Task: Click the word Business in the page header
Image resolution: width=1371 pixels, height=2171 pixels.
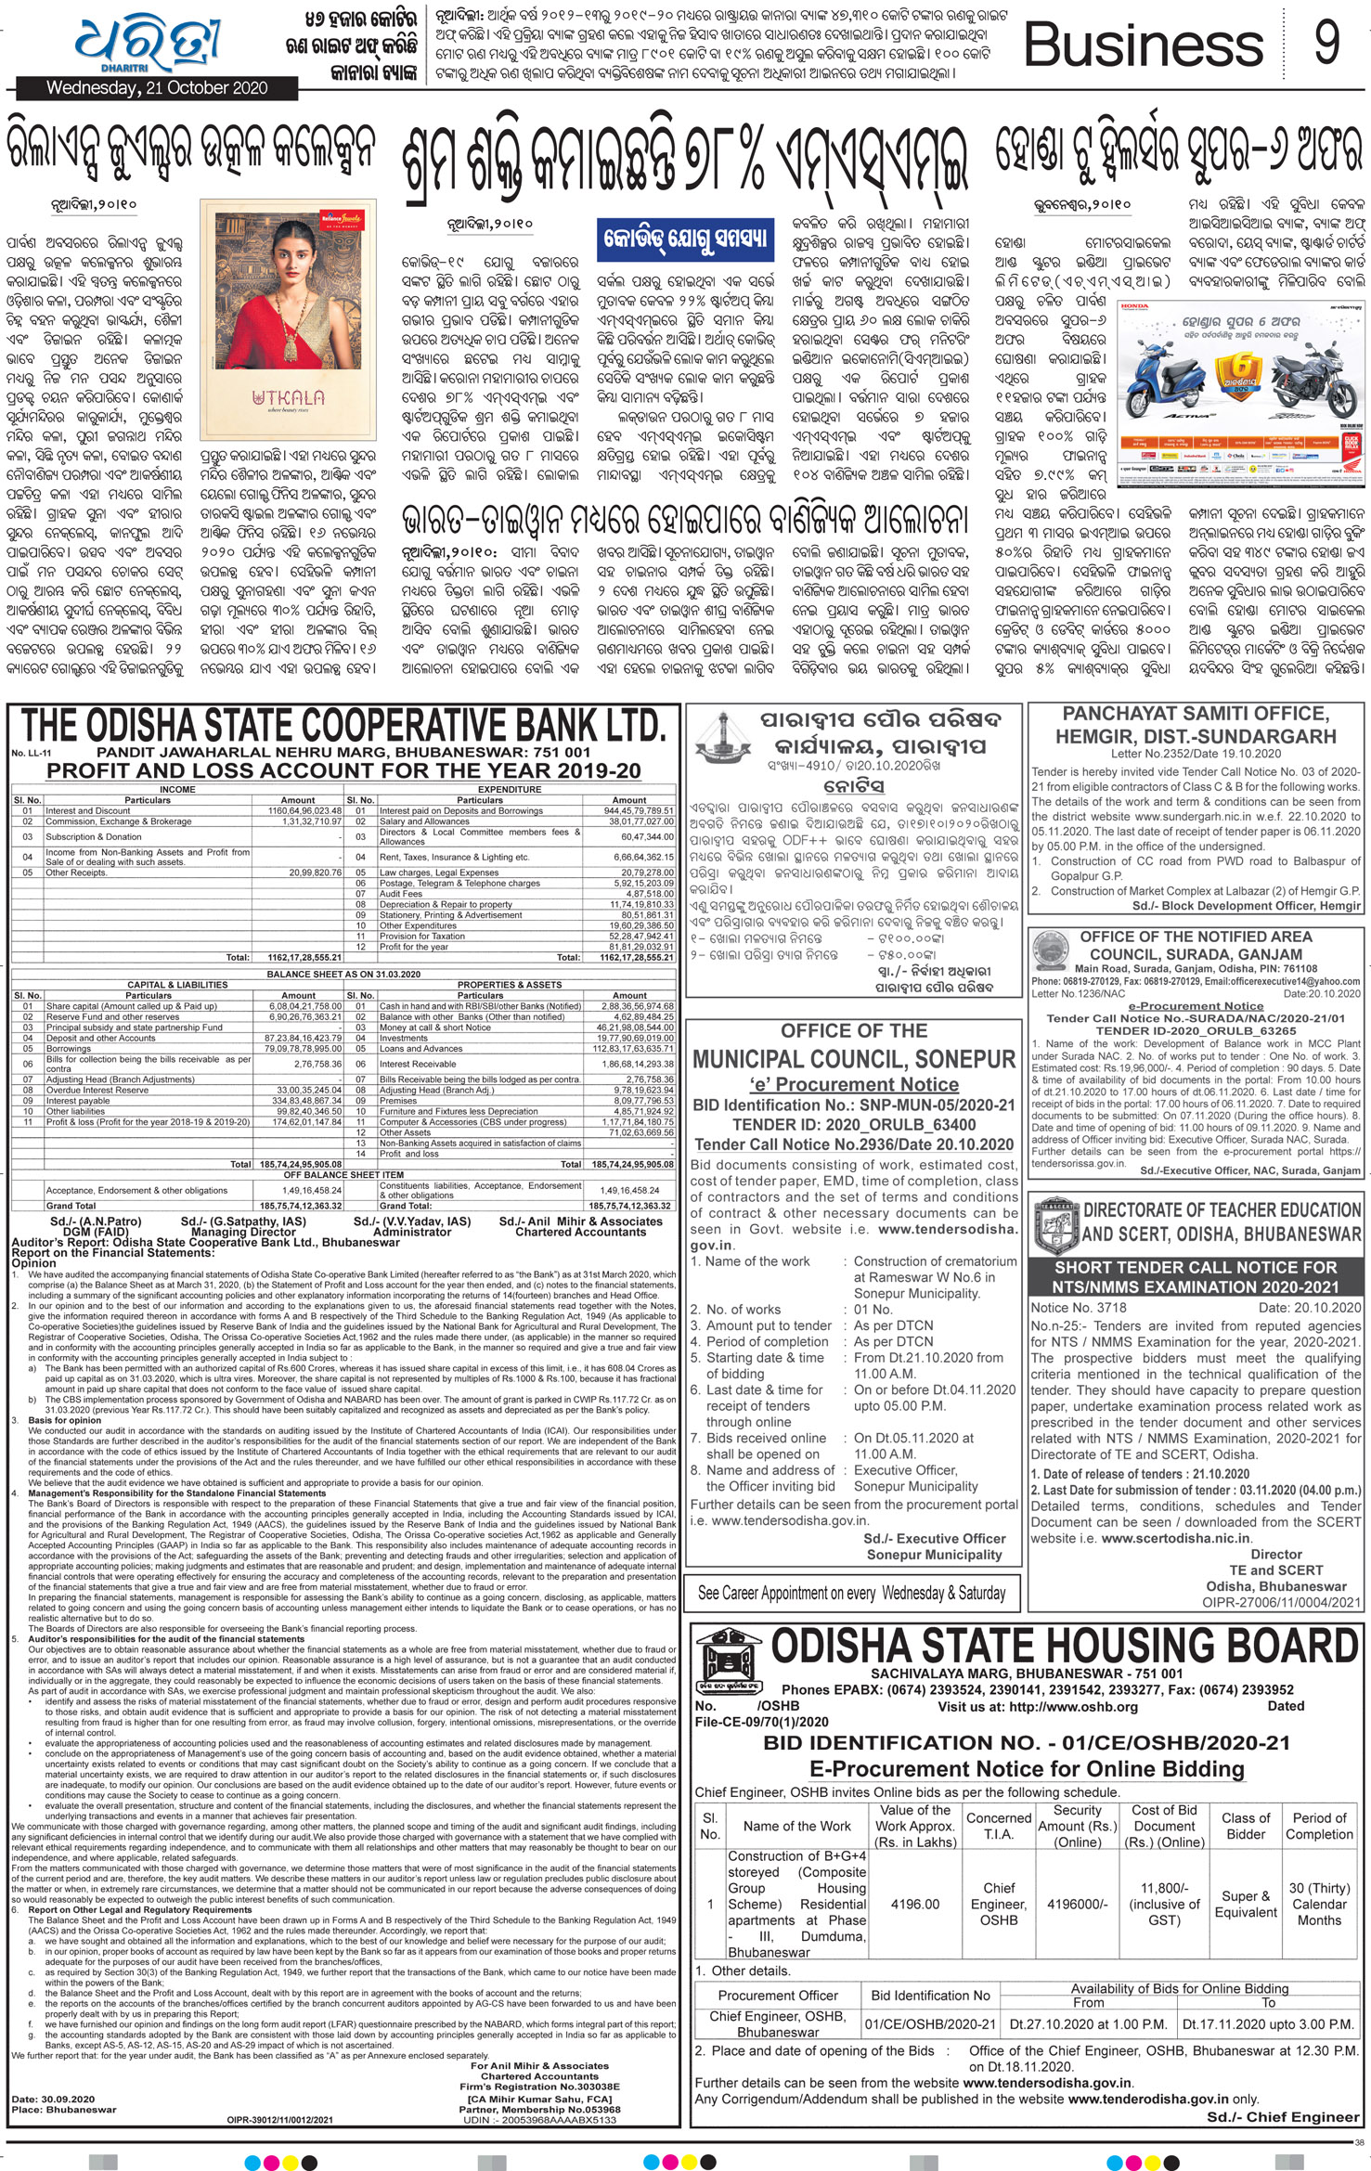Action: (1143, 45)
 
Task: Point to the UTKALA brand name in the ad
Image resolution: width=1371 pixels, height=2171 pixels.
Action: (288, 397)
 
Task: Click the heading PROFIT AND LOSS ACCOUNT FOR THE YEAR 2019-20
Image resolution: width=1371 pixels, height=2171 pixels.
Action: (343, 770)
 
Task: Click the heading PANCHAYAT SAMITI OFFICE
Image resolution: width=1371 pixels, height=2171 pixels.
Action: (1196, 714)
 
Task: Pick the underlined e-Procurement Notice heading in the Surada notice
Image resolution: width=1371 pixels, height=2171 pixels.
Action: (1196, 1005)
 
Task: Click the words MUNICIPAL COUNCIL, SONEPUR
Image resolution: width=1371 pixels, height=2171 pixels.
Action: (854, 1059)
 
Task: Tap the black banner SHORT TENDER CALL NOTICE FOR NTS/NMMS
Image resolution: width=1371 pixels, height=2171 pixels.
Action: (1196, 1276)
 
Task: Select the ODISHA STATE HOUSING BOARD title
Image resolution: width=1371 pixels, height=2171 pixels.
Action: (1065, 1647)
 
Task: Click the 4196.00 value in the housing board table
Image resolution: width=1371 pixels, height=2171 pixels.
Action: (914, 1904)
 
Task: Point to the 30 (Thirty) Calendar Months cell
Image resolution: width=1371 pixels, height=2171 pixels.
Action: (1319, 1904)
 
